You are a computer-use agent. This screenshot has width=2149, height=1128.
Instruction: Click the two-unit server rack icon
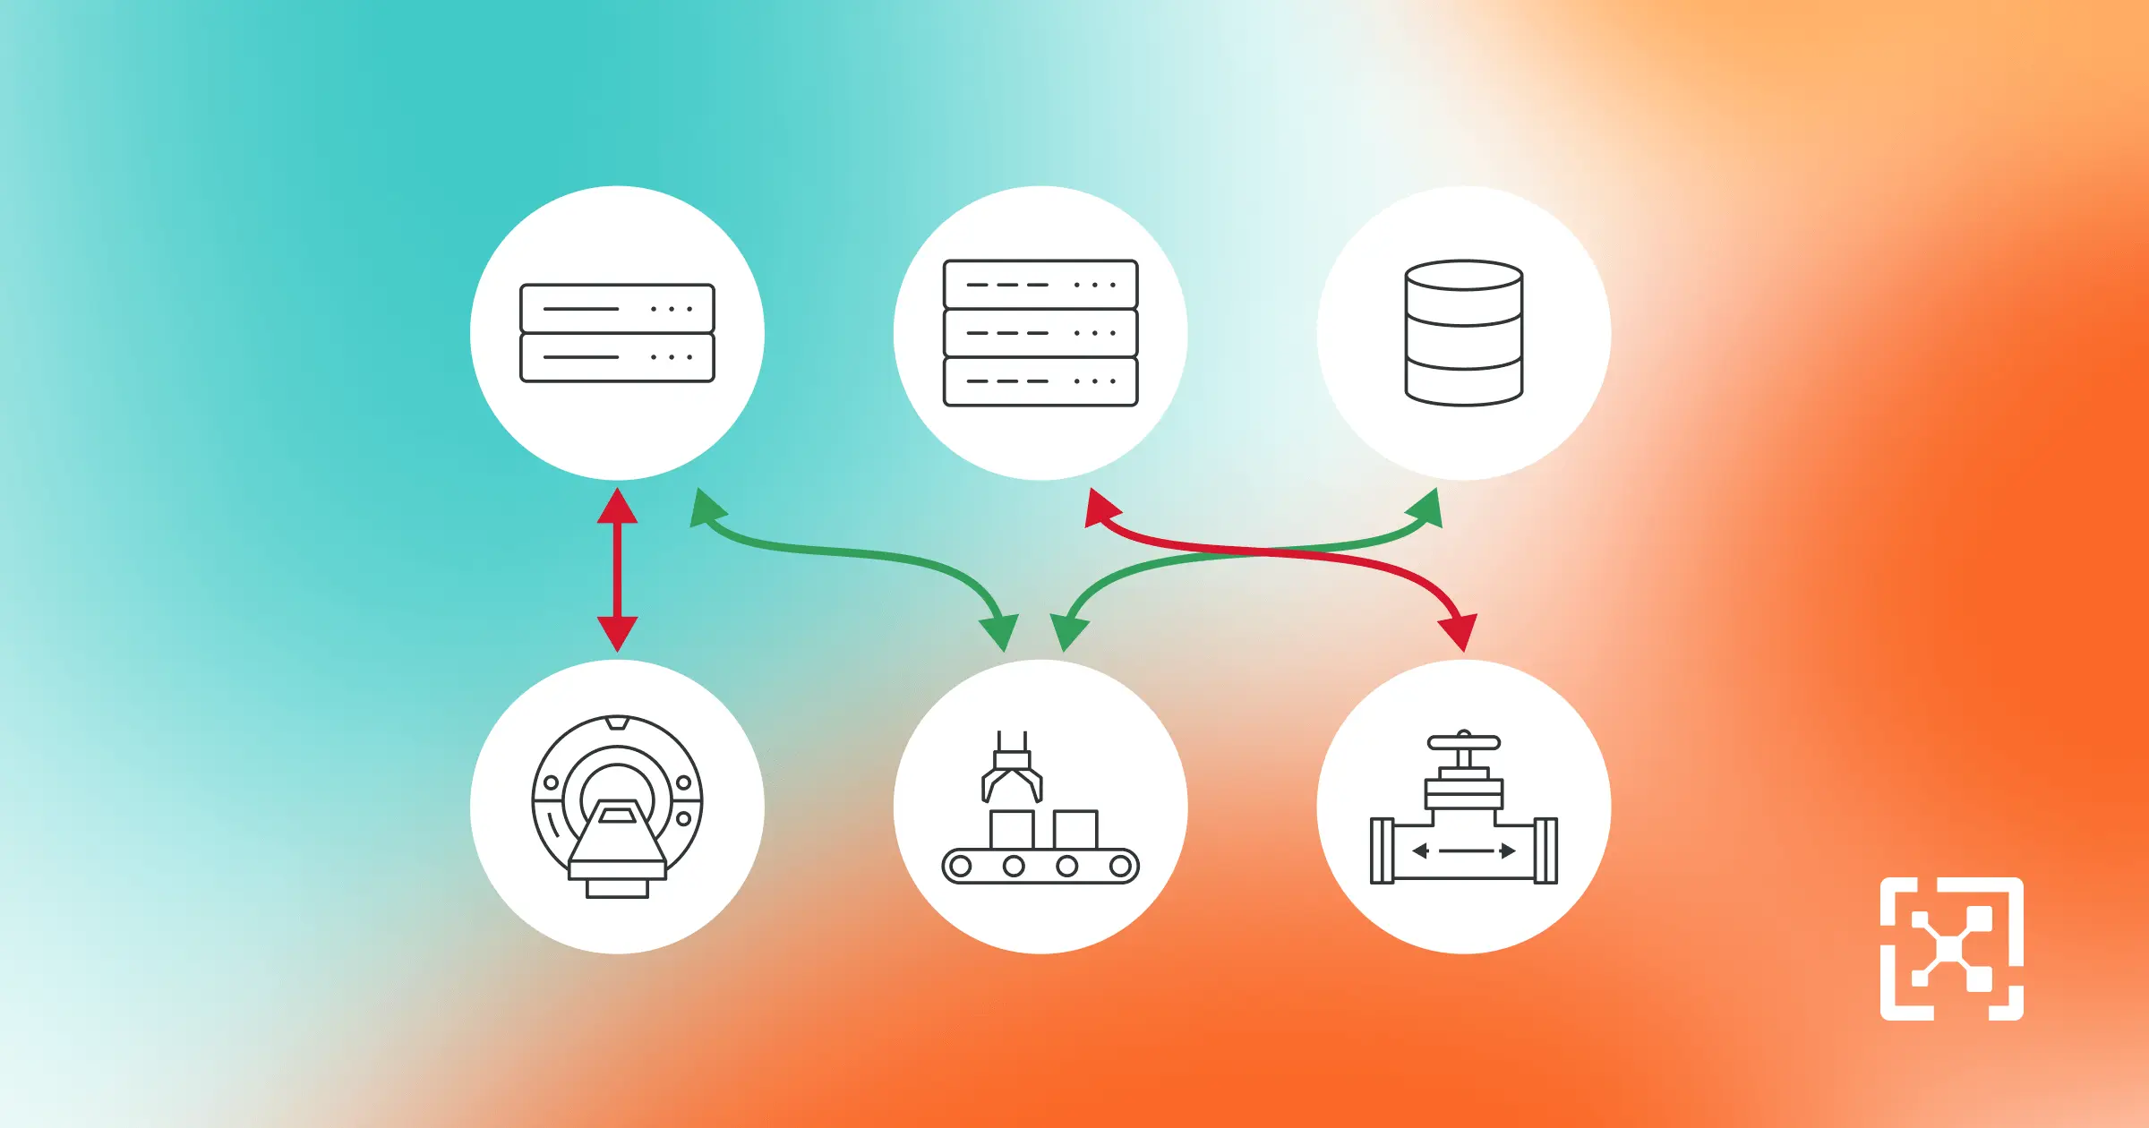(x=617, y=333)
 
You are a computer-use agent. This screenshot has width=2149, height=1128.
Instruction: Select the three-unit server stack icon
(x=1040, y=333)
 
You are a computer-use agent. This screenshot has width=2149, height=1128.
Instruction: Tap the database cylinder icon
(x=1464, y=333)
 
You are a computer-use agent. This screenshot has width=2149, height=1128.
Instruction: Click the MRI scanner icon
(x=617, y=806)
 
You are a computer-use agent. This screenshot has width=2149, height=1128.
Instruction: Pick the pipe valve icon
(x=1464, y=810)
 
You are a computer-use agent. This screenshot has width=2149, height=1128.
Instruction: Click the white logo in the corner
(x=1952, y=949)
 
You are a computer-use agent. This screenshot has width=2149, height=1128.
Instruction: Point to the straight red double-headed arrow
(x=617, y=569)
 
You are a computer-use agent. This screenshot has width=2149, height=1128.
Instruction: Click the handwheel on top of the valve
(x=1464, y=742)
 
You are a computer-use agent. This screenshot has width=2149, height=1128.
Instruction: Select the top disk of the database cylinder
(x=1464, y=276)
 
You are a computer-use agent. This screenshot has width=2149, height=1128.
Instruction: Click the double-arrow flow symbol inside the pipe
(x=1464, y=850)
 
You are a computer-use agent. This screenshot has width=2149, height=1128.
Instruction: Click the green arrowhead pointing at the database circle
(x=1426, y=508)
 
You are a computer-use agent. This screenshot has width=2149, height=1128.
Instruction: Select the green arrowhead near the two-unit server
(x=706, y=508)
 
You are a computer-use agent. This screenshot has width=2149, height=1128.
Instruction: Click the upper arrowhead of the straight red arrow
(x=617, y=507)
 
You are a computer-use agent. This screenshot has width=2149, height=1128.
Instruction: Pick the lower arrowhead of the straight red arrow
(x=617, y=632)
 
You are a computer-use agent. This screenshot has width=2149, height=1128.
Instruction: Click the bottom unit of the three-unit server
(x=1040, y=381)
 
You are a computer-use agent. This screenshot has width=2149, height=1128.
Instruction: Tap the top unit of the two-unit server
(x=617, y=309)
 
